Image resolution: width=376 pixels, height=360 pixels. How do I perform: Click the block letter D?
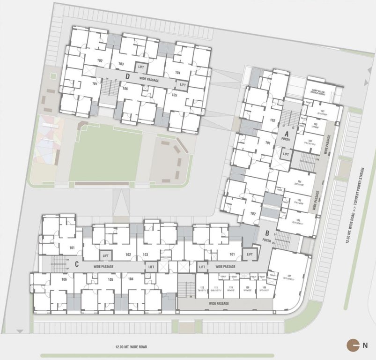(x=127, y=75)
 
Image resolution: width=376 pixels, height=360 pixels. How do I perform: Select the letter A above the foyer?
(x=284, y=133)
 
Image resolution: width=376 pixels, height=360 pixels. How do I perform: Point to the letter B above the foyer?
(x=266, y=233)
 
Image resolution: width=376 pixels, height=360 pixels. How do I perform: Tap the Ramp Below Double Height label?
(x=321, y=91)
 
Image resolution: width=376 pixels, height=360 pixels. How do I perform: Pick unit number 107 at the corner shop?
(x=289, y=275)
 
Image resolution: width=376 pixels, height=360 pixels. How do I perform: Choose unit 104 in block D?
(x=177, y=73)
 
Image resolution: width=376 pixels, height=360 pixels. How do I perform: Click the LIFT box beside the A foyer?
(x=286, y=153)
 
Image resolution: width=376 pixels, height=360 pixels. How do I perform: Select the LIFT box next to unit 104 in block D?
(x=182, y=84)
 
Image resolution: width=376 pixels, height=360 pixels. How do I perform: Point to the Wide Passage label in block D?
(x=149, y=80)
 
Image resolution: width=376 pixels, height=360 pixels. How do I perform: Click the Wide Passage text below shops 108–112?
(x=219, y=304)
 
